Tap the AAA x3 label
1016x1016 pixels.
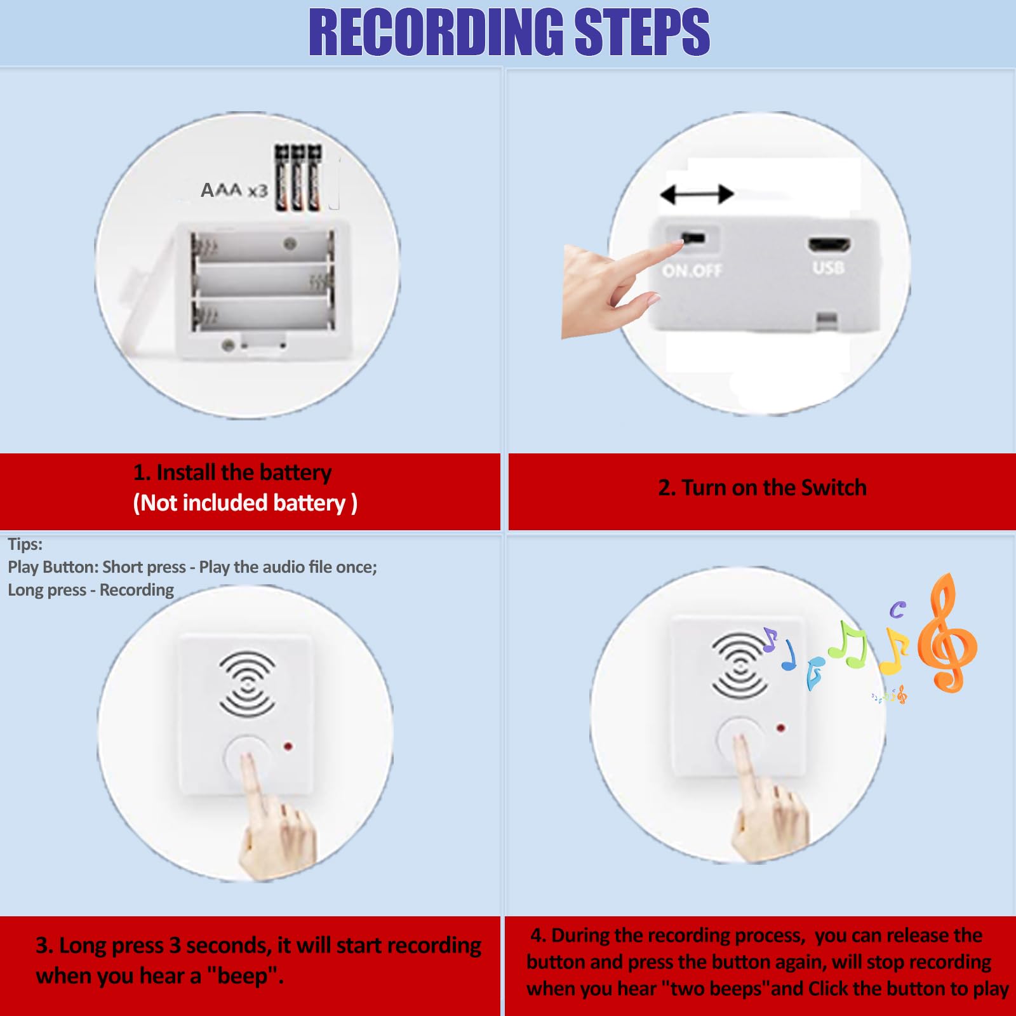tap(234, 190)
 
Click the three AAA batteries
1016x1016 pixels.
tap(298, 178)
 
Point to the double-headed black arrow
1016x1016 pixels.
tap(697, 194)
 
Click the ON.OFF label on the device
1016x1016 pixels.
tap(692, 271)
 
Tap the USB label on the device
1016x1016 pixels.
tap(828, 267)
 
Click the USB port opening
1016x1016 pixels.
tap(829, 244)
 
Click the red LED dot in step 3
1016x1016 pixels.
tap(288, 747)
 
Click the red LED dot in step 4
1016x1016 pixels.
tap(780, 728)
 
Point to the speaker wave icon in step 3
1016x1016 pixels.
tap(247, 685)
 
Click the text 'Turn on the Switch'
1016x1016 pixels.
tap(773, 488)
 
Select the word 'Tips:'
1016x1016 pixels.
tap(25, 544)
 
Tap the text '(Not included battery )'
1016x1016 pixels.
tap(245, 503)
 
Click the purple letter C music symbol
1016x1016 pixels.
tap(897, 610)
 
